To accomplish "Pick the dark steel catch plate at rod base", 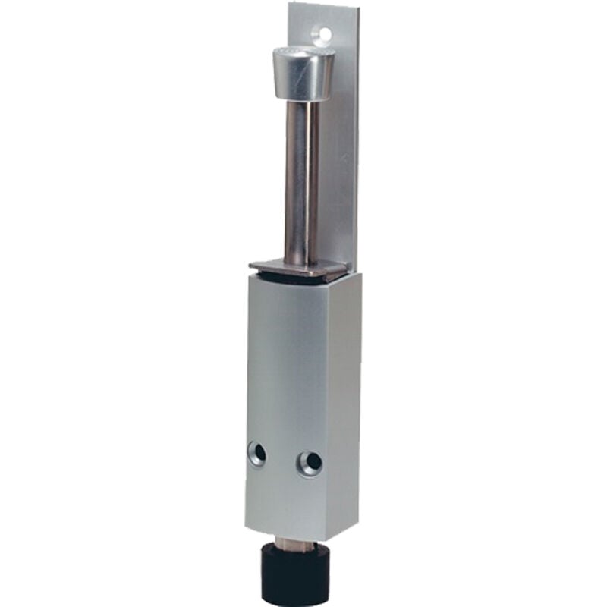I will [x=300, y=268].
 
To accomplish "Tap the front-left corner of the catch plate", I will [x=251, y=267].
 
